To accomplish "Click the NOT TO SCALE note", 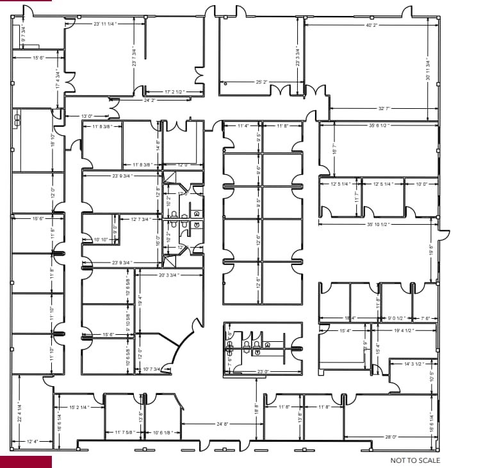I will coord(415,460).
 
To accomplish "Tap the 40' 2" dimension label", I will coord(372,26).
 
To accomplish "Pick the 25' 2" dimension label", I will coord(261,83).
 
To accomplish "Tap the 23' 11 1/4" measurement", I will coord(104,24).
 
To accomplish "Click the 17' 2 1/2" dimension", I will coord(174,92).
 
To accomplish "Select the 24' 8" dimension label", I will coord(222,424).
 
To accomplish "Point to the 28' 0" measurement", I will coord(391,437).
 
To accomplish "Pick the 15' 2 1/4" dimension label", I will coord(78,407).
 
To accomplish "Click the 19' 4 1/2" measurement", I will coord(404,330).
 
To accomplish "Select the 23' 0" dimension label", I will coord(263,371).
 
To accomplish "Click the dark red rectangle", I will coord(26,462).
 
